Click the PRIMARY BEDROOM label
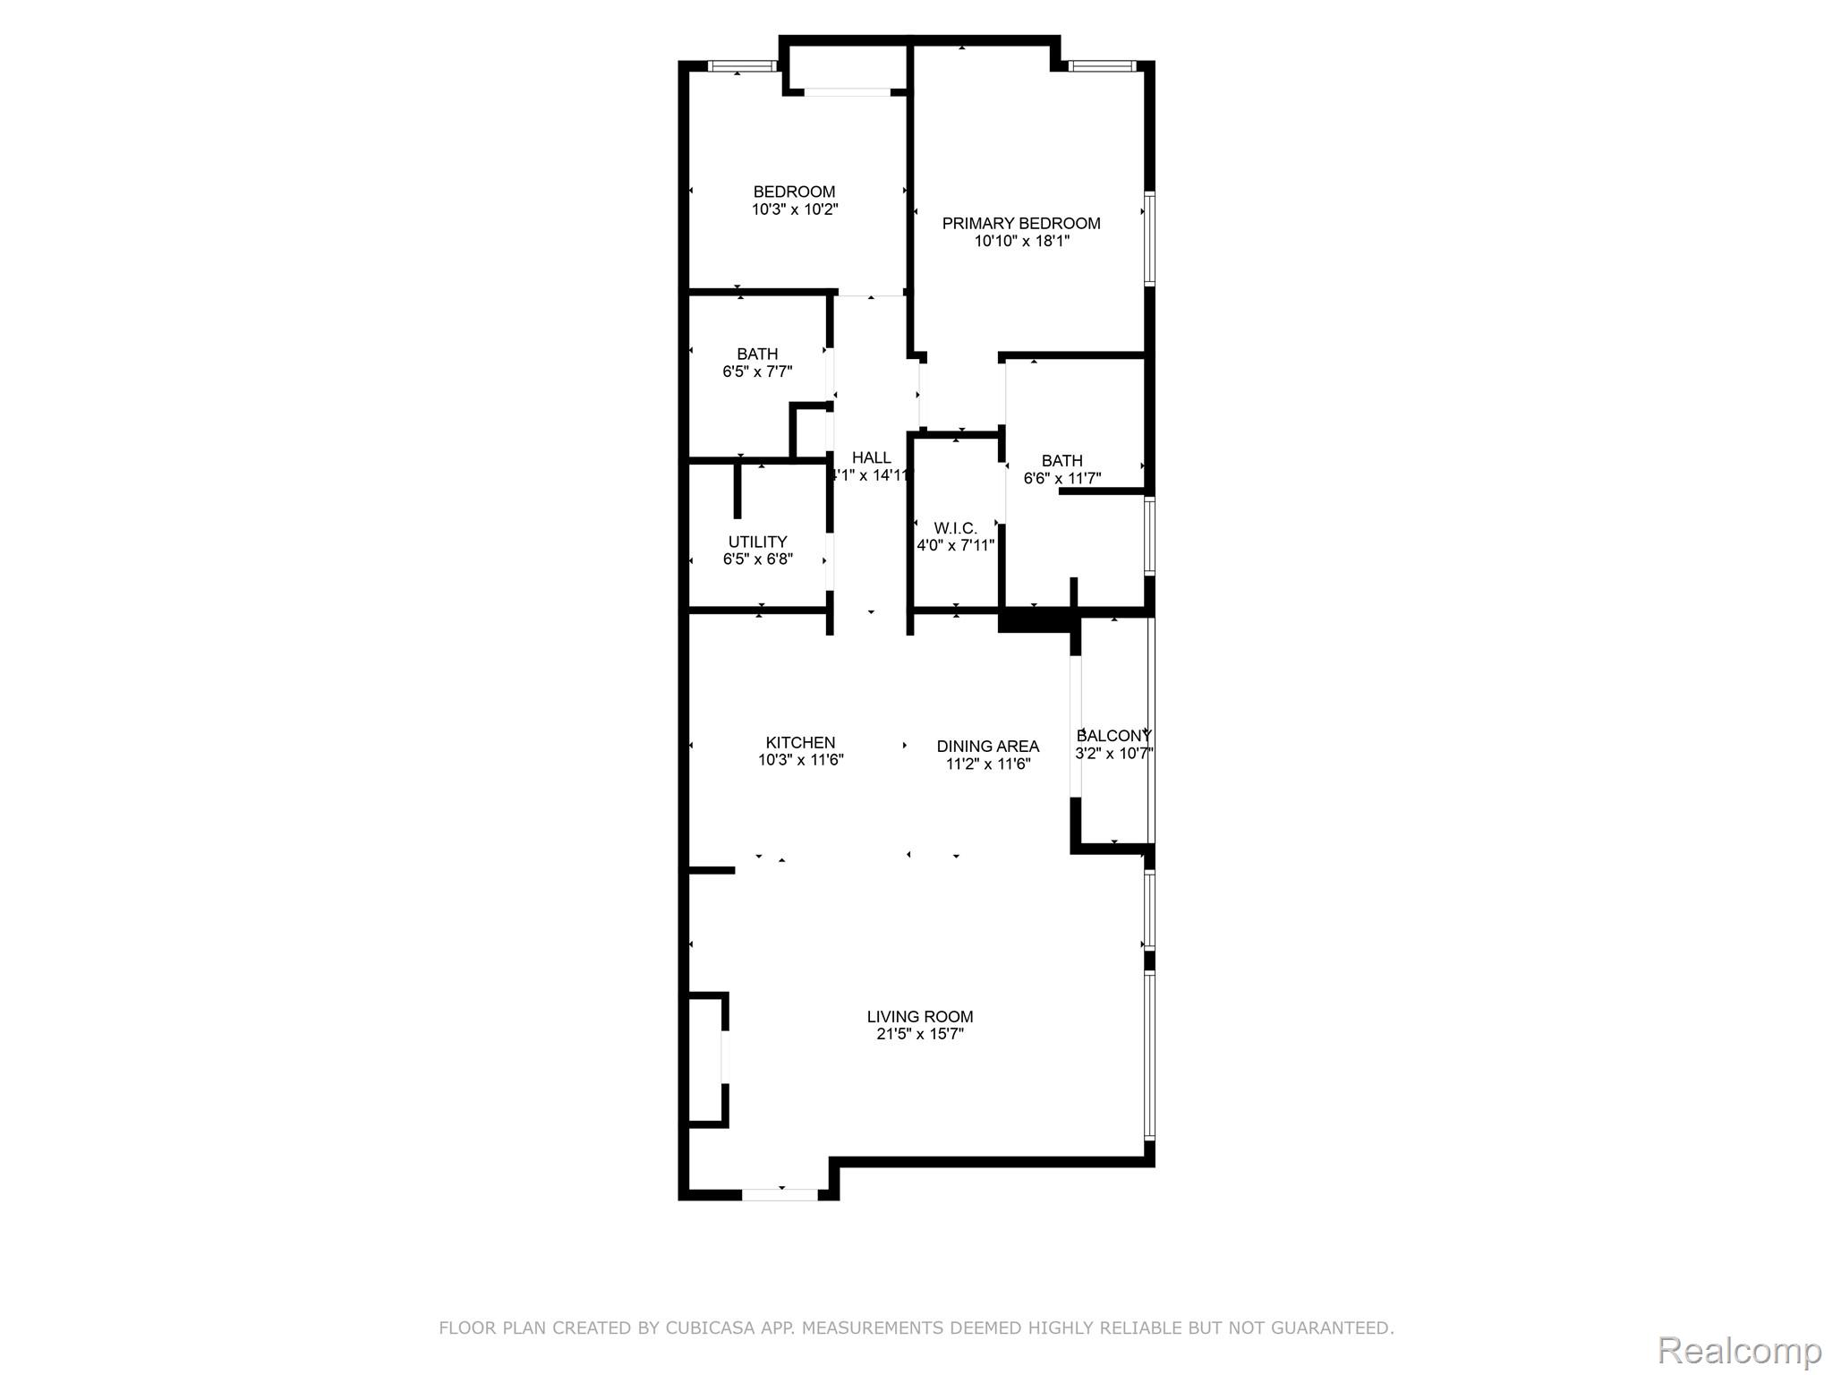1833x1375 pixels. point(1021,223)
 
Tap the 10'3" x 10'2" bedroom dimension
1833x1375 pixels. point(795,209)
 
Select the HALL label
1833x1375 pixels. point(871,457)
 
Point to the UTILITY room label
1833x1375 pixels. point(757,542)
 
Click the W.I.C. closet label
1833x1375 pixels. point(955,528)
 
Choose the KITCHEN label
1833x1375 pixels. point(800,742)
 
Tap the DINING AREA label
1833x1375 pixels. point(988,746)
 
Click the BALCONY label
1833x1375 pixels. point(1113,736)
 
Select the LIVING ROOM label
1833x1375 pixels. point(920,1016)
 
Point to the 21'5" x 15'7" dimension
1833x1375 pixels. point(920,1034)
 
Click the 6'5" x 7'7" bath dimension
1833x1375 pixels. point(757,372)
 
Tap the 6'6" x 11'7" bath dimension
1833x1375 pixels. point(1062,478)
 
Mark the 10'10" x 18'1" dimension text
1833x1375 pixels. point(1022,241)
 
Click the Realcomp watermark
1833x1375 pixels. point(1739,1350)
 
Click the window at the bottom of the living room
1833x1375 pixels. point(780,1193)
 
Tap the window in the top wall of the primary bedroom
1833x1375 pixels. point(1103,65)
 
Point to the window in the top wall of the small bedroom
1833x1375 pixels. point(742,65)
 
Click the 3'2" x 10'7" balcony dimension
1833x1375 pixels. point(1113,754)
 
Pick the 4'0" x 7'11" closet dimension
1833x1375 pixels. point(955,545)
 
